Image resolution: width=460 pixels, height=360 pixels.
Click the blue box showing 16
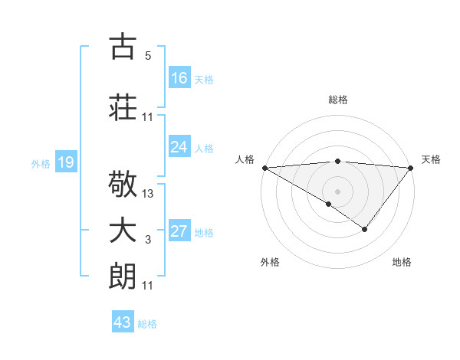[x=179, y=78]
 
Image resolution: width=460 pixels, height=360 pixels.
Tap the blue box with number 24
[x=179, y=148]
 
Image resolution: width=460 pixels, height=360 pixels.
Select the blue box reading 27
[x=179, y=232]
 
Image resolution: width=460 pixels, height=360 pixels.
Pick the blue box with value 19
[x=66, y=162]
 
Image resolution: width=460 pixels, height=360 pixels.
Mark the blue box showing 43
[x=123, y=322]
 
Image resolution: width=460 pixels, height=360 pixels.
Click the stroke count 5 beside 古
[x=147, y=56]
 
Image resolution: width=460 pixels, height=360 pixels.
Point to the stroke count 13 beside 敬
[x=148, y=194]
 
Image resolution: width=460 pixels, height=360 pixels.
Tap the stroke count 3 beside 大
[x=147, y=241]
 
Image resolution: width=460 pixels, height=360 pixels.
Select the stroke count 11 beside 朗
[x=148, y=286]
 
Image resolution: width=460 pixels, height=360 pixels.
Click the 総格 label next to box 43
[x=147, y=324]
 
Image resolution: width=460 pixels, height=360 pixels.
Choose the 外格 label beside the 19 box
[x=41, y=163]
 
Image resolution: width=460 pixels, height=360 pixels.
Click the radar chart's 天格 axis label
[x=431, y=159]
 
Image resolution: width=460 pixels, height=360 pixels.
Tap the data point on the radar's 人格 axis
[x=264, y=168]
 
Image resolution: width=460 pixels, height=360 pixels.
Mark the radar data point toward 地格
[x=365, y=229]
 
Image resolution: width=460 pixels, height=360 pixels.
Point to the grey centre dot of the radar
[x=337, y=191]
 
